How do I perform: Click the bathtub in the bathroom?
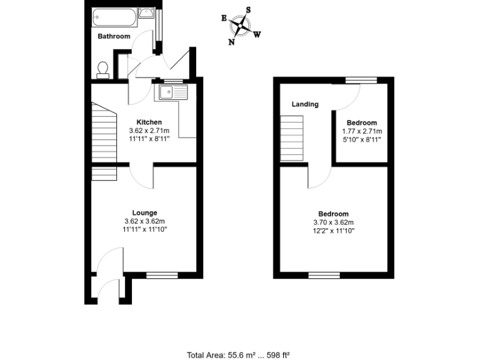tap(113, 17)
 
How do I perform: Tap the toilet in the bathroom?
tap(103, 69)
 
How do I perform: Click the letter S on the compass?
tap(248, 9)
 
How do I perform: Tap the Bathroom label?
tap(114, 36)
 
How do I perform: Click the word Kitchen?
tap(149, 122)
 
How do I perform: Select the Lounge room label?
tap(144, 212)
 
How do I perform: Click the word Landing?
tap(305, 104)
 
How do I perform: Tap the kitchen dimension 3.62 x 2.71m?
tap(149, 131)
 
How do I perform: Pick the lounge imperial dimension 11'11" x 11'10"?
tap(144, 230)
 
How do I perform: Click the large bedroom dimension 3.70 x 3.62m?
tap(333, 222)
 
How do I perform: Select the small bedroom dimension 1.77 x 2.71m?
tap(362, 131)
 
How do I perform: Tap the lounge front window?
tap(162, 274)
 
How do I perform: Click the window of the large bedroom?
tap(324, 274)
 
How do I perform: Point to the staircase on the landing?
tap(292, 141)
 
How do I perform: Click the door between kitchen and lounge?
tap(142, 177)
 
